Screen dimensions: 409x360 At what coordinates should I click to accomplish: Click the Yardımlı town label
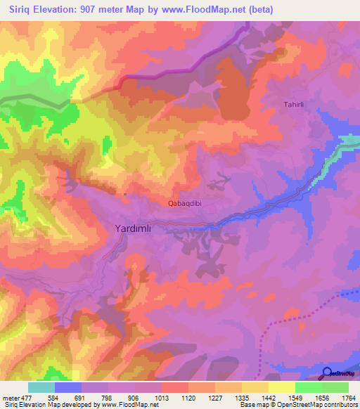click(139, 228)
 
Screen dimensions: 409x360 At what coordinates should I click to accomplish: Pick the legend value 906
click(135, 398)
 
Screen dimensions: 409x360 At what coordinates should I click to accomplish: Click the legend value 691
click(81, 398)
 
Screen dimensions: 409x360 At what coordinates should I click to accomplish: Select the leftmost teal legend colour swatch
click(41, 387)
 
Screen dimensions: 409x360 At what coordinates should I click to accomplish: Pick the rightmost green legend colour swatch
click(335, 387)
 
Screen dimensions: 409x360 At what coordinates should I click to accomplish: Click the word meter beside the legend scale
click(12, 398)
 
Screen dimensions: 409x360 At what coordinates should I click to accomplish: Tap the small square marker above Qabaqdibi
click(125, 194)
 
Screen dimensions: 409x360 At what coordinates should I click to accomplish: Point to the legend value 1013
click(161, 398)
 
